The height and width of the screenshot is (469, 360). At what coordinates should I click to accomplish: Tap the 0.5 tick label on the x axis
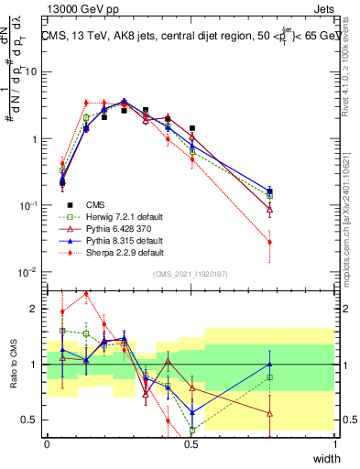[191, 444]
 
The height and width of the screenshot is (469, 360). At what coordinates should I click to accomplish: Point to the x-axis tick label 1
[336, 444]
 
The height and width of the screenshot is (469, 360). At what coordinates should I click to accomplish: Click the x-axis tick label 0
[47, 444]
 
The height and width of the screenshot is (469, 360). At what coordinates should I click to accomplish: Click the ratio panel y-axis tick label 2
[38, 309]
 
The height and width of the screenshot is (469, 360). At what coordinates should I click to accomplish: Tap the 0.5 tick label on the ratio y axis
[33, 420]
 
